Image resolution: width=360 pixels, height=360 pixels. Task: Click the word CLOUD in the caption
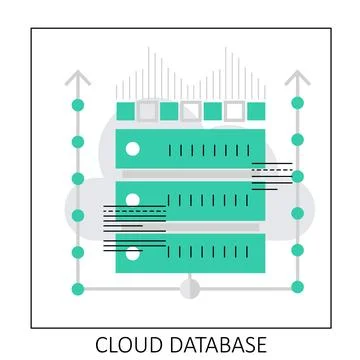coord(131,345)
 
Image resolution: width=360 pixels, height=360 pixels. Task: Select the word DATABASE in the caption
coord(220,345)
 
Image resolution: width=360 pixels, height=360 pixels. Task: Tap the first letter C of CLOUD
coord(103,345)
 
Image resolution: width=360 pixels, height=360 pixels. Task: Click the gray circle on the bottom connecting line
coord(188,289)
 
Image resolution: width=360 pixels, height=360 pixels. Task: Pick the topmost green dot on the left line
coord(78,104)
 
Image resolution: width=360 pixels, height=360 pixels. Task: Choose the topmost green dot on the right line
coord(297,103)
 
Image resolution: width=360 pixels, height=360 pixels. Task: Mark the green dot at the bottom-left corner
coord(78,289)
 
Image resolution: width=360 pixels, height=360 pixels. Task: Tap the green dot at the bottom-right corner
coord(297,289)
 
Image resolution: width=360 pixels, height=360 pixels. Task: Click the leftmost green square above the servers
coord(126,110)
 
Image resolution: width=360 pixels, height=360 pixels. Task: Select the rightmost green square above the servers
coord(255,110)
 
